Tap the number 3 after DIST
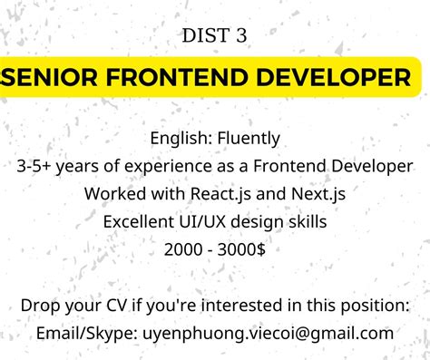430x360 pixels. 240,36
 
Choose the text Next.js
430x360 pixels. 317,194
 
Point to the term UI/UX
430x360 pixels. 204,221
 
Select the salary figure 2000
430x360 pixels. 183,248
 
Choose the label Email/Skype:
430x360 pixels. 86,333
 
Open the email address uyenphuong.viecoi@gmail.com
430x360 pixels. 268,333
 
